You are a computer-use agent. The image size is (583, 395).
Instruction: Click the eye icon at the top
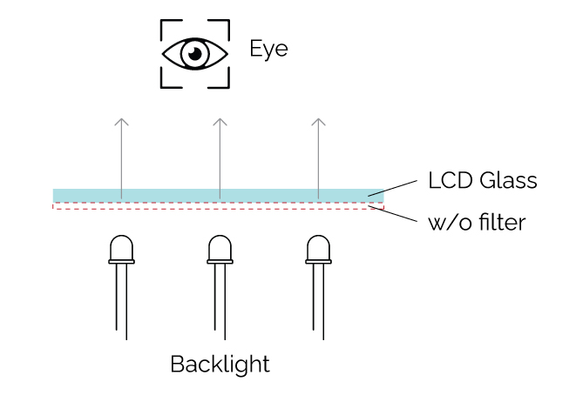tap(195, 53)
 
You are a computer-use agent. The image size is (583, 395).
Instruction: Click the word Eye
tap(268, 49)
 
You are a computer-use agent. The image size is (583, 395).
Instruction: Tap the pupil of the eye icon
tap(195, 54)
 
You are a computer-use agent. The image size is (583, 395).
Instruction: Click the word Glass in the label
tap(507, 181)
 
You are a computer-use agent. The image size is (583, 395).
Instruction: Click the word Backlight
tap(220, 364)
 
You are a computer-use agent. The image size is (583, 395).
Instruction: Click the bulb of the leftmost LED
tap(121, 249)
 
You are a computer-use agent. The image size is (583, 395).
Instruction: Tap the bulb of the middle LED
tap(220, 249)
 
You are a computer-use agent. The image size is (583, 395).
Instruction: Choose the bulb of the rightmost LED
tap(318, 249)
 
